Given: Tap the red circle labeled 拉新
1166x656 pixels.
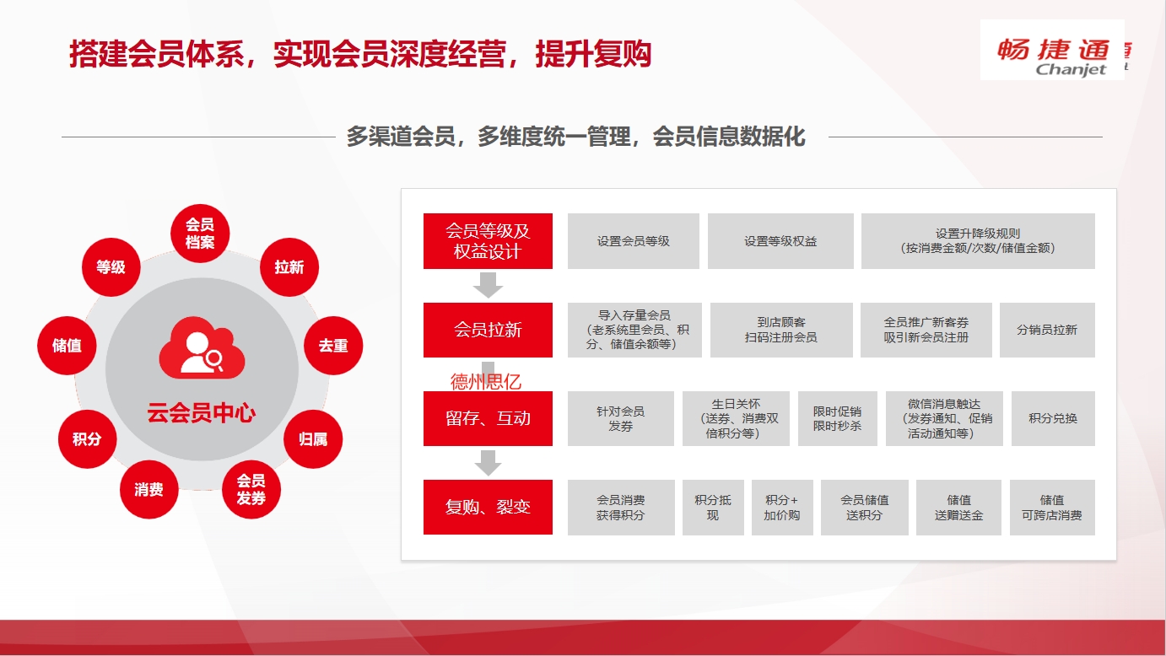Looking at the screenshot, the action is click(x=289, y=267).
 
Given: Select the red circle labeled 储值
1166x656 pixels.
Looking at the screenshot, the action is click(x=67, y=345).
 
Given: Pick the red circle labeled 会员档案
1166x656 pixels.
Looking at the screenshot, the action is click(x=200, y=233).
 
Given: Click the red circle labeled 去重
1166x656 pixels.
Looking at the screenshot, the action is click(x=333, y=345).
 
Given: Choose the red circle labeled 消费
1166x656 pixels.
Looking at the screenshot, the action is click(x=148, y=489).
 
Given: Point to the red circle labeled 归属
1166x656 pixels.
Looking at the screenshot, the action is click(x=313, y=439).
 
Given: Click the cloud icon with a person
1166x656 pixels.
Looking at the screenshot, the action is click(x=202, y=347).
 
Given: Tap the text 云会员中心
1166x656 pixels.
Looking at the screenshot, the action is click(x=202, y=413).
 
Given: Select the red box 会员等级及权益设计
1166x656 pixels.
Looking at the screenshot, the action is click(x=488, y=241).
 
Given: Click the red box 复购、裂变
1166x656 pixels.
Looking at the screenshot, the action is click(x=488, y=507).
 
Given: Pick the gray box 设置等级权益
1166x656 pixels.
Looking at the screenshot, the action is click(x=780, y=241).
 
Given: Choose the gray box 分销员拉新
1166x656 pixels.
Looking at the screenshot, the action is click(x=1047, y=330).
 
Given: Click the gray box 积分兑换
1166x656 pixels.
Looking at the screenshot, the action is click(x=1053, y=418).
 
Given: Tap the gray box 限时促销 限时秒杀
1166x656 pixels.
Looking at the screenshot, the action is click(x=837, y=418).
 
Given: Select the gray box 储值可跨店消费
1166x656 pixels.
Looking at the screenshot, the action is click(x=1052, y=508).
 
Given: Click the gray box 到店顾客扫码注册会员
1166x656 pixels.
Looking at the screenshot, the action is click(x=781, y=330).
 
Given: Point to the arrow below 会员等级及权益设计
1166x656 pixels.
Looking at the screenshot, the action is click(x=488, y=284).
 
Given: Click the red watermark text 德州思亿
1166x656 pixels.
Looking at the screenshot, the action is click(x=486, y=382).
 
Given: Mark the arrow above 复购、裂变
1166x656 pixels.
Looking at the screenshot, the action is click(x=488, y=462).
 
